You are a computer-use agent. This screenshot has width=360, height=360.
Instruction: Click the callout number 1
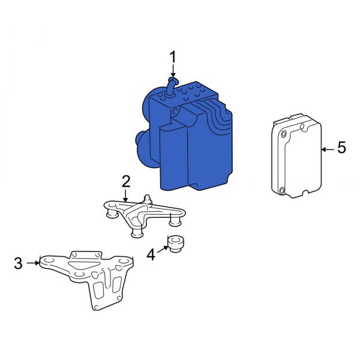[x=173, y=58]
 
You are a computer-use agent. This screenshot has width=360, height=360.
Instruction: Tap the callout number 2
[x=126, y=181]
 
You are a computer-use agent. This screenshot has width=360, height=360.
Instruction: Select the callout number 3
[x=19, y=263]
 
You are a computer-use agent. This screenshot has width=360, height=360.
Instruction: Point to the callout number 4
[x=151, y=255]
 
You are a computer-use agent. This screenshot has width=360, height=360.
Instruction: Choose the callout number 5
[x=341, y=148]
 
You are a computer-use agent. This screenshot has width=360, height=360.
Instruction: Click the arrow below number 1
[x=173, y=72]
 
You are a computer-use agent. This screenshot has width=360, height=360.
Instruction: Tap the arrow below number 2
[x=126, y=195]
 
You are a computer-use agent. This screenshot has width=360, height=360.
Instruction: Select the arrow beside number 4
[x=162, y=250]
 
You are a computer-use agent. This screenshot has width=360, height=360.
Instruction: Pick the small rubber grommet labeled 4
[x=176, y=245]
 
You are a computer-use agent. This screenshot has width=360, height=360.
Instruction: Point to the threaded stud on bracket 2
[x=146, y=197]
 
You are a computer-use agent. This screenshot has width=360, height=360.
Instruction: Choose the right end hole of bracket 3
[x=126, y=262]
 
